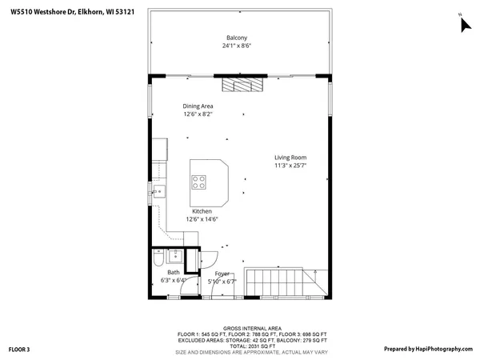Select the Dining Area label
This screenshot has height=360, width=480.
198,106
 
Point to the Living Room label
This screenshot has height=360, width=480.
290,158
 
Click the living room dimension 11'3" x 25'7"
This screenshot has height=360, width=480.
290,166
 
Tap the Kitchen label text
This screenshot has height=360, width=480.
202,211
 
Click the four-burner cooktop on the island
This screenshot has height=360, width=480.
198,182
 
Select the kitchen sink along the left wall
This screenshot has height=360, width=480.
158,191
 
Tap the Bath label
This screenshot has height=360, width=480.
174,273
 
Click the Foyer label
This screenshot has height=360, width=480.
222,274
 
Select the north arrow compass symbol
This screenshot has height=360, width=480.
464,23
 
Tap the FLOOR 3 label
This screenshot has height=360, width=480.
19,349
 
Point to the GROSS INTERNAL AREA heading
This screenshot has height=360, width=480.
251,328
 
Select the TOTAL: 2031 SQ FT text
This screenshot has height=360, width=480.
251,346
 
